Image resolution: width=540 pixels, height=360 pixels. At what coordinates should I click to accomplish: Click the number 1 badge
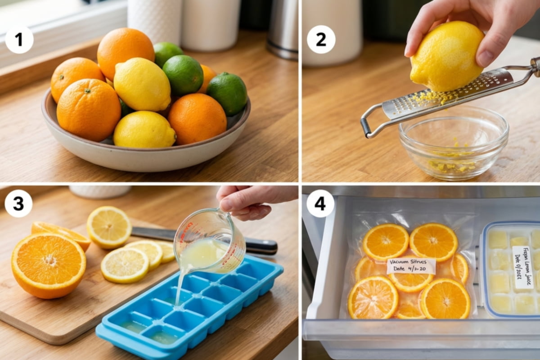[x=19, y=40]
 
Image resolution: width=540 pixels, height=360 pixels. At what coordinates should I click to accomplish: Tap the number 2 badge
[x=321, y=40]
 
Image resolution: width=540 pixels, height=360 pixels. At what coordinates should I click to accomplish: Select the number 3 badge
[x=18, y=203]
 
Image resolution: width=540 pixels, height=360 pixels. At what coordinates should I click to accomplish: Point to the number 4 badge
[x=320, y=203]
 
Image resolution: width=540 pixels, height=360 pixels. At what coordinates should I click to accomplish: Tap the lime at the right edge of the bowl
[x=227, y=93]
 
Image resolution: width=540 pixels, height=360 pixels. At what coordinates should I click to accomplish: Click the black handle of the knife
[x=261, y=246]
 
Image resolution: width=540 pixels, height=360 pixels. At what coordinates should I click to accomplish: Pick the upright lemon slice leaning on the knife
[x=109, y=227]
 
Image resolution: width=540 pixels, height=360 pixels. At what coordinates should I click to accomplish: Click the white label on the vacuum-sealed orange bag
[x=411, y=266]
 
